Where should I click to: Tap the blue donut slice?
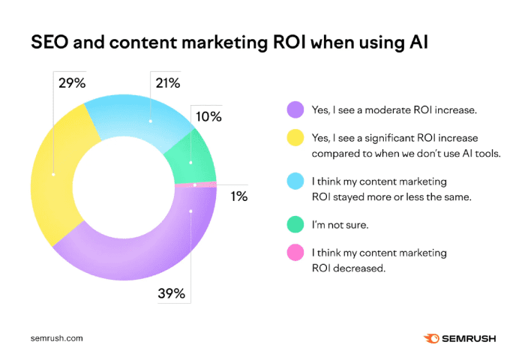pyautogui.click(x=142, y=120)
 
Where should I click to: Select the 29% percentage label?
pyautogui.click(x=70, y=82)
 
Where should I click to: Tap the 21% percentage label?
pyautogui.click(x=167, y=82)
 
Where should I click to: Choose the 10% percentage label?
pyautogui.click(x=209, y=116)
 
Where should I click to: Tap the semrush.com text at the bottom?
pyautogui.click(x=57, y=337)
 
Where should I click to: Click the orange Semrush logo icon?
pyautogui.click(x=432, y=337)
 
